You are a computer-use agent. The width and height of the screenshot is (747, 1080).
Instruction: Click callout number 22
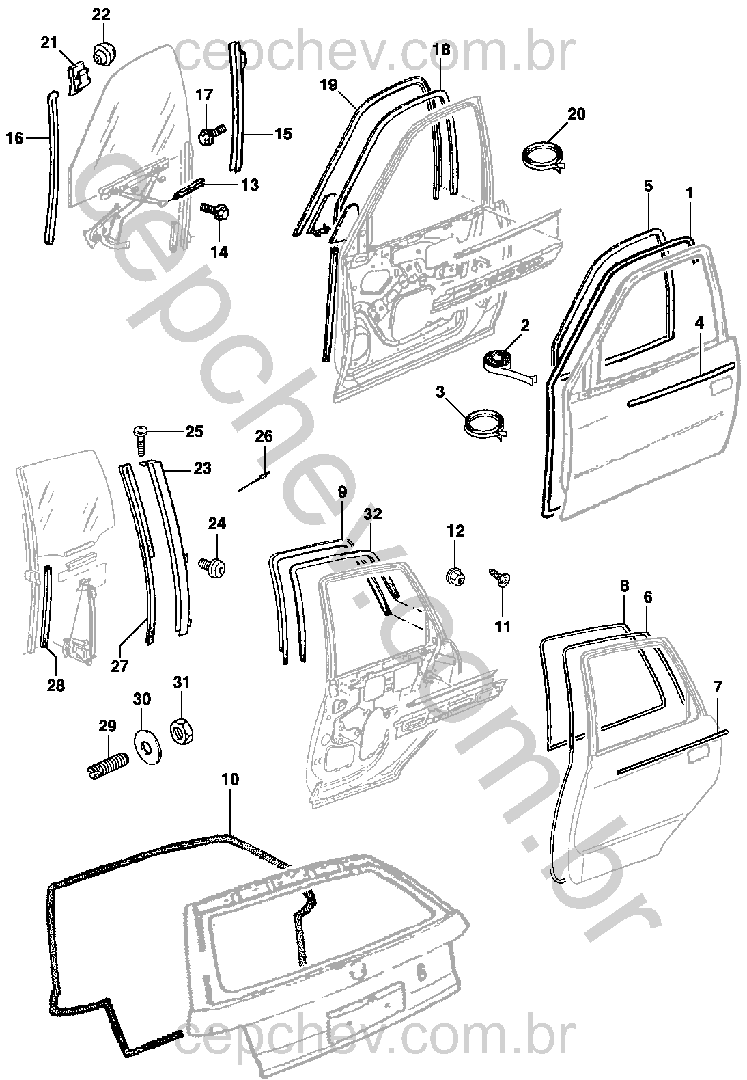(100, 14)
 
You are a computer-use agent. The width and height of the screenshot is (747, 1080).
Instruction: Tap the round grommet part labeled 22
(104, 54)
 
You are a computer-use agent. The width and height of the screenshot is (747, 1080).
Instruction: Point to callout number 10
(231, 779)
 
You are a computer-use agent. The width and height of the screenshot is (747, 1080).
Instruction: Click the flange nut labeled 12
(455, 576)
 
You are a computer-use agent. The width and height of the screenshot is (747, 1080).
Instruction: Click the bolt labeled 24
(212, 565)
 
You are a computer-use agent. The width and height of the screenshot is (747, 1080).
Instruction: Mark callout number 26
(264, 436)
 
